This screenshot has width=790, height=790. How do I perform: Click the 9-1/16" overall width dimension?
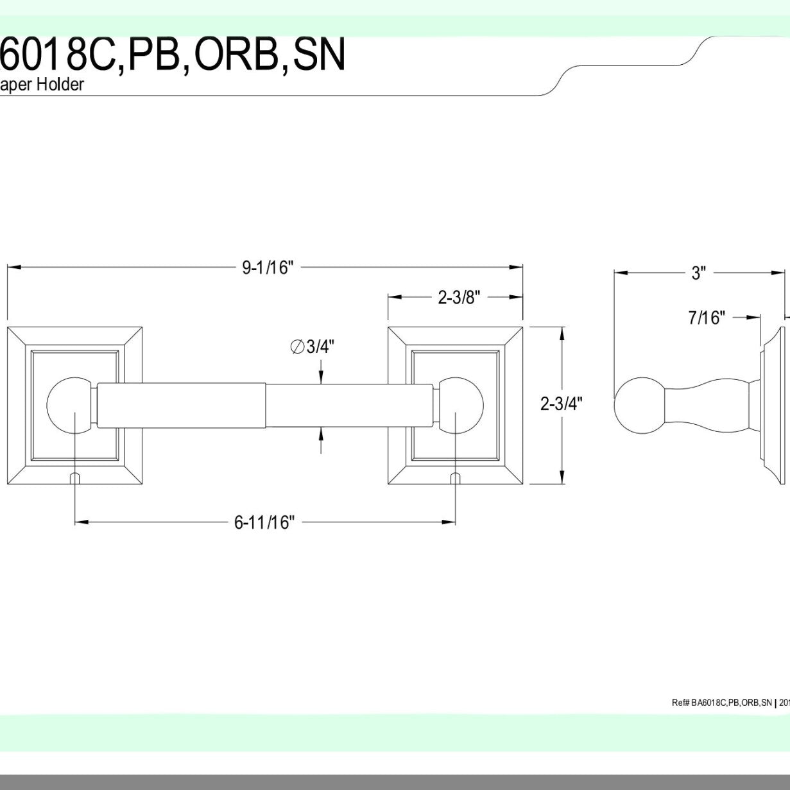[x=267, y=267]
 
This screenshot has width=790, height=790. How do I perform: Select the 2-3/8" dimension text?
[x=459, y=298]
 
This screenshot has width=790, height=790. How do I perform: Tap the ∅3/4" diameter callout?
[x=313, y=347]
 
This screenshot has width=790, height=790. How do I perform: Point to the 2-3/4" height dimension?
[x=562, y=404]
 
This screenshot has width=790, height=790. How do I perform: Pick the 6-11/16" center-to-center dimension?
[x=264, y=523]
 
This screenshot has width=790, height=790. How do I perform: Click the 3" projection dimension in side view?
[x=698, y=273]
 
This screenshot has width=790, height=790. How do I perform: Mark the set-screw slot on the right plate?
[x=456, y=478]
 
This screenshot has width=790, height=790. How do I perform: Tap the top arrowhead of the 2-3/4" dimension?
[x=563, y=334]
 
